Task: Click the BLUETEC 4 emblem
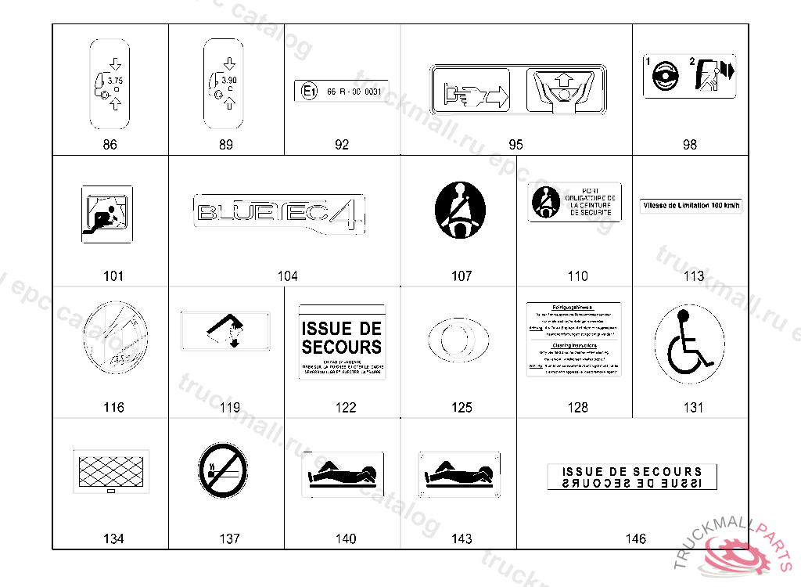point(279,213)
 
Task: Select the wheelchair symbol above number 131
point(684,342)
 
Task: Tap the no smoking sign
point(222,470)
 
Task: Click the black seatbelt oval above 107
point(460,211)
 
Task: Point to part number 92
point(342,145)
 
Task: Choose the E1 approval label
point(341,92)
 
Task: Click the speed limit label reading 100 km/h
point(691,206)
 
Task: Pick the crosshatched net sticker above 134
point(110,471)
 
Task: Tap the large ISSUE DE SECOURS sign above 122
point(342,342)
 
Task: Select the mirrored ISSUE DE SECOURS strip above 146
point(632,477)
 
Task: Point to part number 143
point(462,538)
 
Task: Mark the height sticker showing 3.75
point(110,85)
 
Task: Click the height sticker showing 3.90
point(225,85)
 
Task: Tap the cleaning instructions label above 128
point(574,338)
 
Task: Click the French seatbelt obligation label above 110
point(574,202)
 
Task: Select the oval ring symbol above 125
point(460,341)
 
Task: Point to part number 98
point(689,145)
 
